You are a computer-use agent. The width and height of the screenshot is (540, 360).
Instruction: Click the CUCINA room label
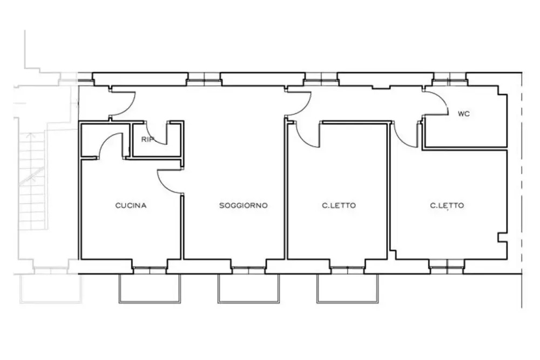tap(131, 206)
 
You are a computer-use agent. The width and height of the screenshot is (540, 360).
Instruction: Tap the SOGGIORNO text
tap(244, 206)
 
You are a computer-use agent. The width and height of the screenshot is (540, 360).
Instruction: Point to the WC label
tap(463, 113)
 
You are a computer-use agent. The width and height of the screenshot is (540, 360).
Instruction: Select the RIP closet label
tap(147, 139)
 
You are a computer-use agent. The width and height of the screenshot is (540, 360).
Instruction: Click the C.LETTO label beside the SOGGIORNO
tap(339, 206)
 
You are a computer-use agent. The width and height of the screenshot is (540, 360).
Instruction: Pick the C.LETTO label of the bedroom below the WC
tap(447, 206)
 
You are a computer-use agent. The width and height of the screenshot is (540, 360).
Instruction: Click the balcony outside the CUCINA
tap(150, 303)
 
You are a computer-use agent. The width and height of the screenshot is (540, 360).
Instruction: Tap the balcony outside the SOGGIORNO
tap(248, 303)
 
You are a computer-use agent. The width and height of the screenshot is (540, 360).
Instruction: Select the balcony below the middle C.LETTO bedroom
tap(347, 303)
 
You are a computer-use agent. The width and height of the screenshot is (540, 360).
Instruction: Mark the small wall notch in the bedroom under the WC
tap(502, 237)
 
